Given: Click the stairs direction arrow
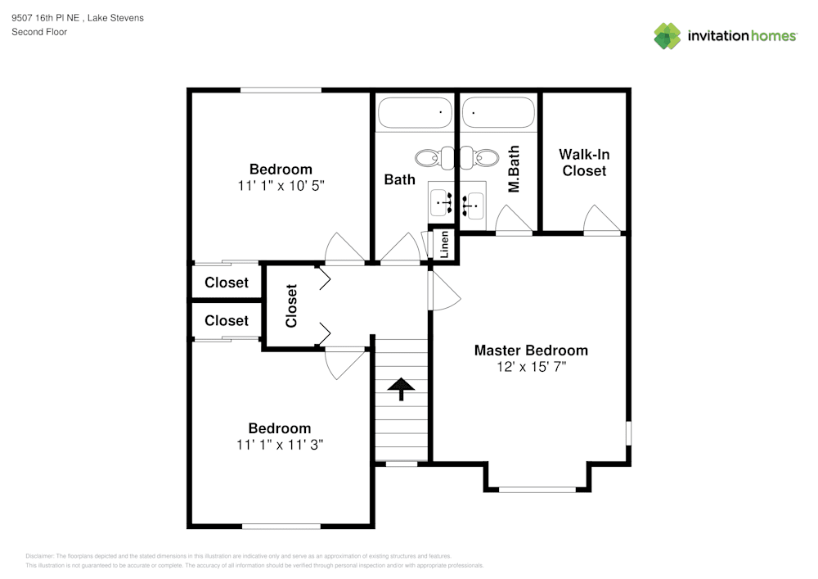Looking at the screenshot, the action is (401, 389).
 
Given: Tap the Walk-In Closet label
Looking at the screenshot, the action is (584, 162).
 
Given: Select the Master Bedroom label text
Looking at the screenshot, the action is (531, 351).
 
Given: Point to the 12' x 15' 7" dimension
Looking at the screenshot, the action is (531, 367).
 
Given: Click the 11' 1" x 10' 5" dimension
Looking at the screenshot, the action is (281, 185).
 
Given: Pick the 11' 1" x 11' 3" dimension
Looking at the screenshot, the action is (280, 445).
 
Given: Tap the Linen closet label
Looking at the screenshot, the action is (444, 244).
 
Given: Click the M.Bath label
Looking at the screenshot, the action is (514, 169).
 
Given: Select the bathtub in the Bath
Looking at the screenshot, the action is (415, 113).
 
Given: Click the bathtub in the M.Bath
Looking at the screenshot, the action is (499, 112).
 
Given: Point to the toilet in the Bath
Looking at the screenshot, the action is (435, 158).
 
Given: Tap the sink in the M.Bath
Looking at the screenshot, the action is (473, 206).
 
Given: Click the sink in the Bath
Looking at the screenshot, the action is (442, 202).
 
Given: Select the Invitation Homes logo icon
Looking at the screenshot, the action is (667, 36).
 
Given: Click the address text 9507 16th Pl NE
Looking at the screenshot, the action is (45, 18).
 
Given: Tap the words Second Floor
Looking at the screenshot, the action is (39, 32).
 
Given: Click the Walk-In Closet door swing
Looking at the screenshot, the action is (601, 219).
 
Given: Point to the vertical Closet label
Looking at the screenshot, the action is (291, 306).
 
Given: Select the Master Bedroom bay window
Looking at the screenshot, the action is (537, 489).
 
